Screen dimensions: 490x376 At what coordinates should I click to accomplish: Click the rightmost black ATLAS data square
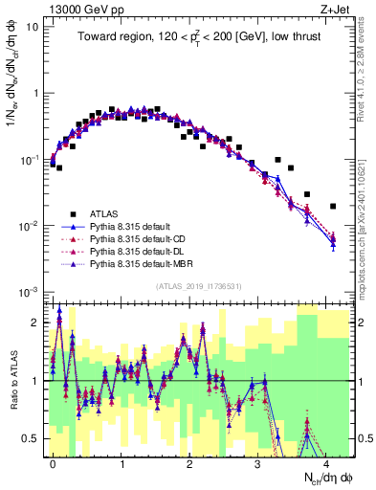click(333, 206)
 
